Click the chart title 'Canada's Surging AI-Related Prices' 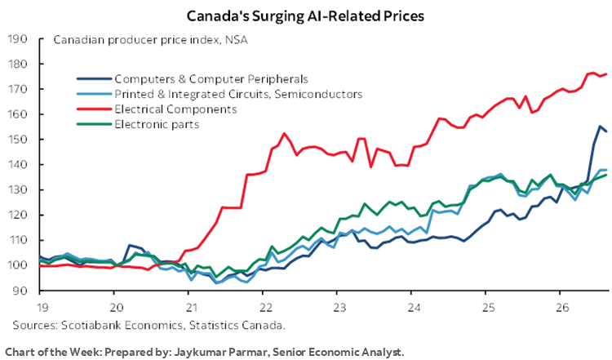point(305,16)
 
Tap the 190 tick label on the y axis point(17,39)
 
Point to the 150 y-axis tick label point(17,140)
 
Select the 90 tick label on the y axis point(20,291)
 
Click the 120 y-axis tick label point(17,216)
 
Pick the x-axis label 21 point(192,308)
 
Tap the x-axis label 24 point(415,308)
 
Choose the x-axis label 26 point(563,308)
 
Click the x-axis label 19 point(42,308)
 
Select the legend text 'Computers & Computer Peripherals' point(211,79)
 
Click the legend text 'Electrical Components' point(175,109)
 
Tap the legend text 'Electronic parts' point(157,125)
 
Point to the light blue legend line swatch point(94,94)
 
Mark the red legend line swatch point(94,109)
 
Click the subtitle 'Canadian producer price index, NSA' point(150,40)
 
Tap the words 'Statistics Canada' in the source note point(236,325)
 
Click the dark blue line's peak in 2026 point(600,126)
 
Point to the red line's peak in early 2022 point(284,133)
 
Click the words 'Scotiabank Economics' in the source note point(122,325)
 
